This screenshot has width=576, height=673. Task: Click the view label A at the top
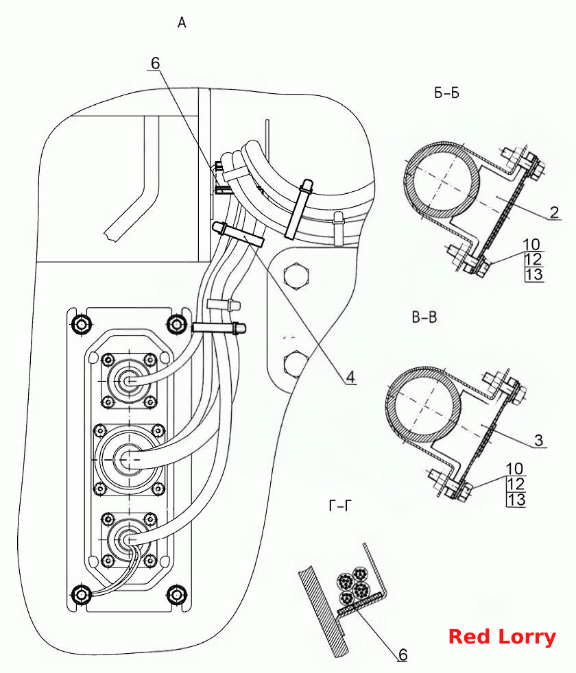(182, 23)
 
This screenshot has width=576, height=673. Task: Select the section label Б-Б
(446, 93)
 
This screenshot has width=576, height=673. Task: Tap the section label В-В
(424, 317)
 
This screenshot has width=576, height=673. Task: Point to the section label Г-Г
(339, 506)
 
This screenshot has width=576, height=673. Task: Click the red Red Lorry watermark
(502, 637)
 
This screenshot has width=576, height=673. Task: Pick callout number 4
(351, 377)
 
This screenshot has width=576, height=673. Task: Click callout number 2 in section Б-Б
(555, 212)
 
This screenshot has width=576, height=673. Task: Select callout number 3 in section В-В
(539, 441)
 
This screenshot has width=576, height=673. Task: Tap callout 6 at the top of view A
(155, 64)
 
